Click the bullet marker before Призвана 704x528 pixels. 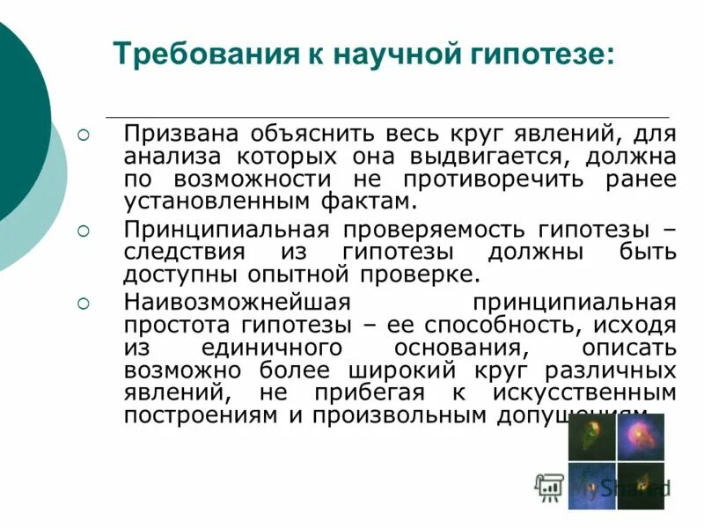click(x=84, y=136)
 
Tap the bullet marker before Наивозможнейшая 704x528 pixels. click(x=84, y=303)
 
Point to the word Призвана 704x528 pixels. click(x=182, y=136)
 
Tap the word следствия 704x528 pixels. click(x=181, y=253)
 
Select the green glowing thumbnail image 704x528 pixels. click(x=590, y=438)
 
